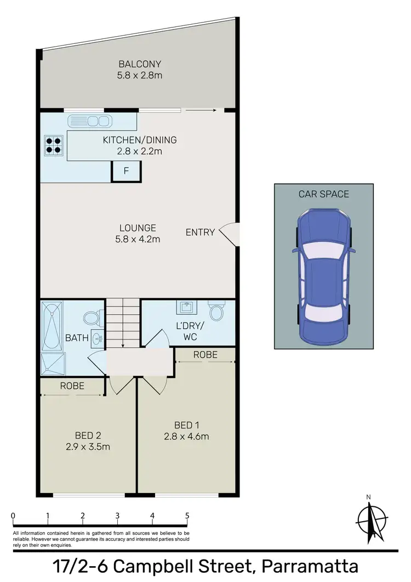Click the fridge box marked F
coord(126,171)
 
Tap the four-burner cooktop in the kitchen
coord(53,144)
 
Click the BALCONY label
coord(139,64)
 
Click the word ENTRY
coord(200,232)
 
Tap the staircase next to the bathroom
coord(123,323)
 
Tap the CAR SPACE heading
coord(323,194)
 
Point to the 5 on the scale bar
coord(187,516)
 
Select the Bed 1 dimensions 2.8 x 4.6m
coord(186,437)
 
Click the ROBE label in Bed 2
coord(72,386)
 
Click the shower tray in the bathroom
coord(53,361)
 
